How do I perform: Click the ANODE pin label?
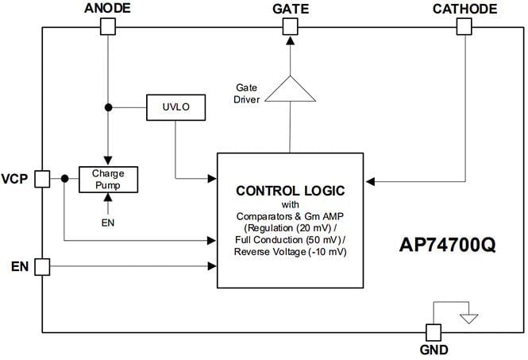107,9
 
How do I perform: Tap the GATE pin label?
290,9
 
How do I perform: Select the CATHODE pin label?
465,9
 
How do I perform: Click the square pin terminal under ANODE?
107,27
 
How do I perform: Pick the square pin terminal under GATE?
290,27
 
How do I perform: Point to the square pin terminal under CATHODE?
465,27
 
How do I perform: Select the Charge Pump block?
109,179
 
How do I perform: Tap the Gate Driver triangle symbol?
290,89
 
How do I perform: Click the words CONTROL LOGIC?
290,191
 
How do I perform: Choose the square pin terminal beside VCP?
43,179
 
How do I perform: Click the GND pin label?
434,350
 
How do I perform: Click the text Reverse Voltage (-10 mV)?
290,252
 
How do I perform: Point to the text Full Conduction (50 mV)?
290,239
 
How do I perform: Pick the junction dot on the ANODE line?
108,106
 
